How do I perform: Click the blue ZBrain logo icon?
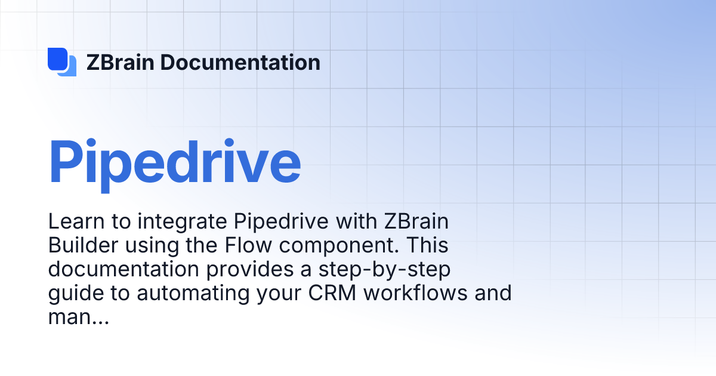[x=62, y=62]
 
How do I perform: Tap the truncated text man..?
[x=78, y=318]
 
